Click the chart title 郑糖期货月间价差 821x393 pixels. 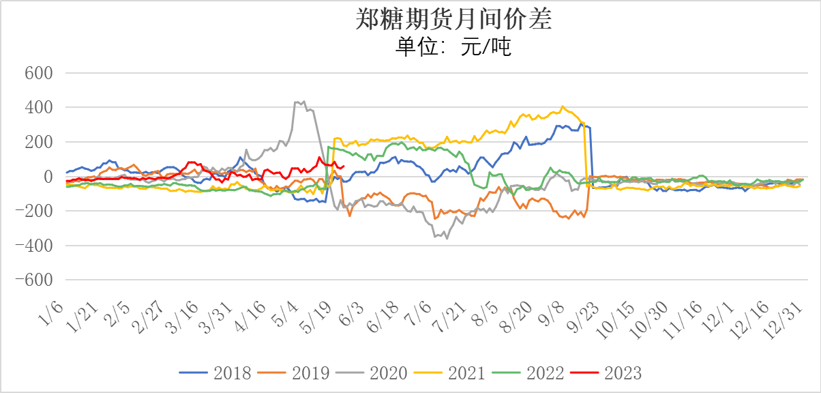tap(453, 20)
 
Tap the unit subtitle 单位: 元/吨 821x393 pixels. tap(453, 47)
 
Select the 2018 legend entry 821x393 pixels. tap(215, 373)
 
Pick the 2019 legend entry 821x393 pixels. tap(293, 373)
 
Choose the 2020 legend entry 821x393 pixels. tap(371, 373)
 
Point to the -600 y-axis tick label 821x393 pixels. tap(35, 280)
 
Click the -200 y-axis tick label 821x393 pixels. tap(35, 211)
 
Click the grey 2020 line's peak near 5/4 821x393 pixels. tap(303, 101)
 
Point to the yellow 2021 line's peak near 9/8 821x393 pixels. tap(563, 106)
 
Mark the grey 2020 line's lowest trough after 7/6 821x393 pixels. tap(447, 238)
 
